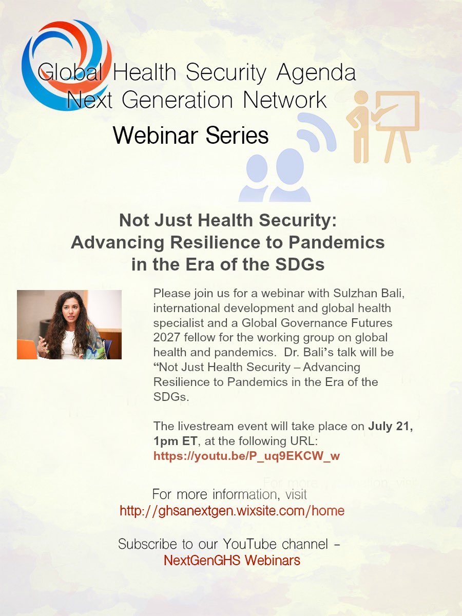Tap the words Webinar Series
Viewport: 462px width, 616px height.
pyautogui.click(x=191, y=135)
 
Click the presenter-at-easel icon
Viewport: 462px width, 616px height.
pyautogui.click(x=382, y=125)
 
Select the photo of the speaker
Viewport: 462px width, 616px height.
pyautogui.click(x=69, y=324)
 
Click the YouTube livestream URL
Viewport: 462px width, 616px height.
pyautogui.click(x=246, y=456)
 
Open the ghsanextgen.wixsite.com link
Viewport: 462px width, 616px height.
pyautogui.click(x=232, y=511)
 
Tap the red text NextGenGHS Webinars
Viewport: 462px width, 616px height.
pyautogui.click(x=232, y=560)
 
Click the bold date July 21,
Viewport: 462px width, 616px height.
pyautogui.click(x=391, y=427)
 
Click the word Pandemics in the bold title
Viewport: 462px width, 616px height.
pyautogui.click(x=335, y=242)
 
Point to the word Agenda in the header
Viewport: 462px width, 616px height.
pyautogui.click(x=316, y=72)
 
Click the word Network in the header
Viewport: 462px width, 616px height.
pyautogui.click(x=285, y=99)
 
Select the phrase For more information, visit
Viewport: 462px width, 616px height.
pyautogui.click(x=229, y=495)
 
